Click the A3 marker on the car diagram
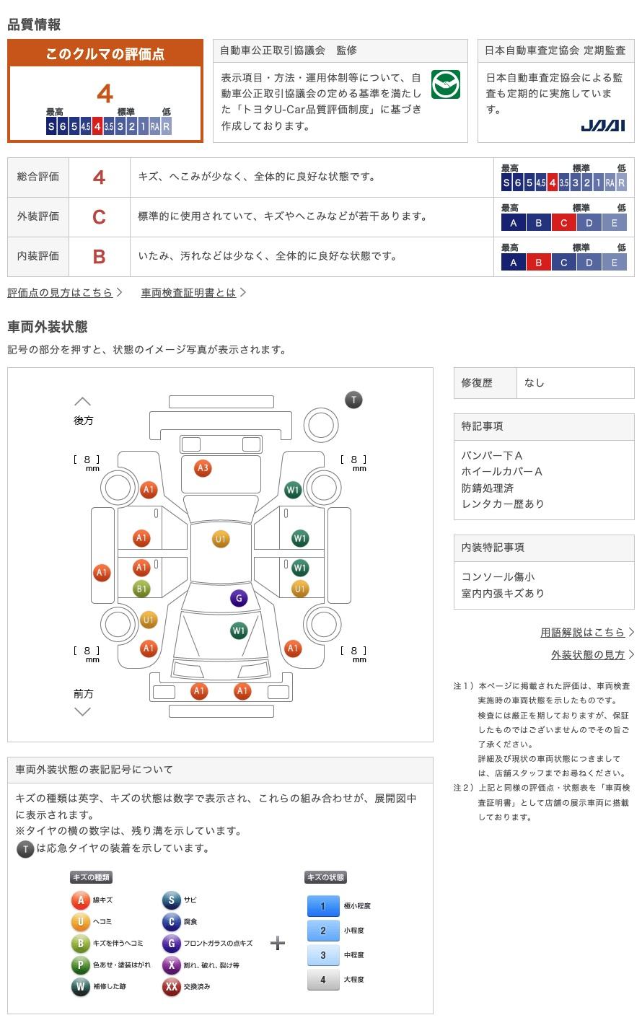click(x=203, y=468)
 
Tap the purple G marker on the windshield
click(x=239, y=598)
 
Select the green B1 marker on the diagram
click(x=141, y=589)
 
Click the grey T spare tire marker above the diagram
click(x=353, y=400)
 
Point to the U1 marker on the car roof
click(x=221, y=539)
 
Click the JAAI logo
click(x=602, y=126)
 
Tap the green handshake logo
click(x=445, y=84)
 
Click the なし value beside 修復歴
click(x=535, y=383)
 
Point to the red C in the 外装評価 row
click(x=99, y=216)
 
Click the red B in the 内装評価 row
click(x=99, y=256)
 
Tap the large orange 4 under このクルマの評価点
click(x=105, y=94)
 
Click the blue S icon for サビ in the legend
click(x=171, y=900)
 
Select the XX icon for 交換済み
click(x=171, y=986)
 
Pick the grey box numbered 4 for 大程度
click(x=323, y=979)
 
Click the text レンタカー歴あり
click(x=503, y=504)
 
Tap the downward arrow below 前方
click(x=83, y=712)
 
